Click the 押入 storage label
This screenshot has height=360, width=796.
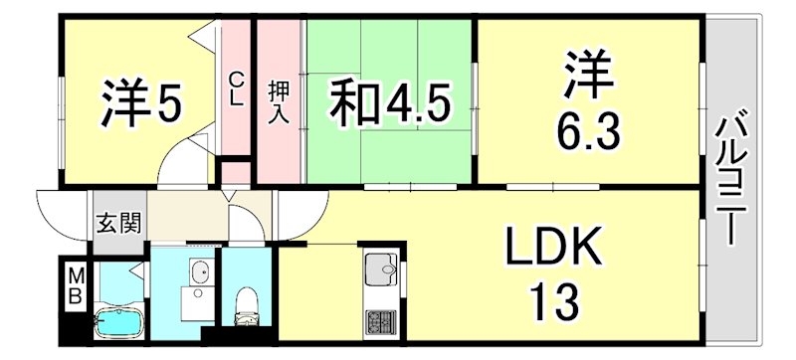pos(280,99)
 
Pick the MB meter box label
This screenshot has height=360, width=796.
pos(75,285)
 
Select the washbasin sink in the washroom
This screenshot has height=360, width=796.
pos(199,272)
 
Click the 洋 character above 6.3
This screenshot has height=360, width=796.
pos(587,74)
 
